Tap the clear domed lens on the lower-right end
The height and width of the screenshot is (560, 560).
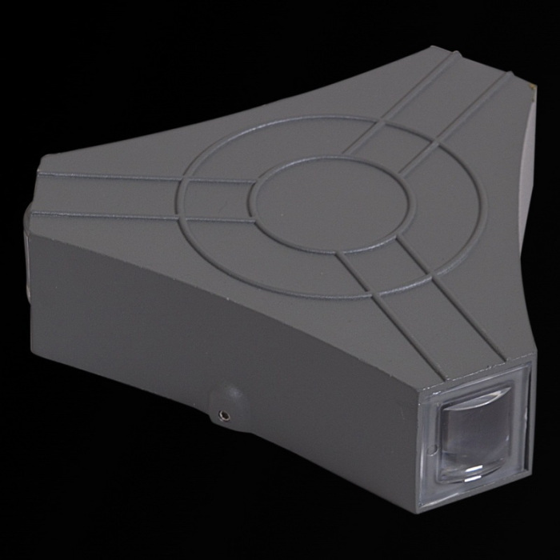[475, 437]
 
